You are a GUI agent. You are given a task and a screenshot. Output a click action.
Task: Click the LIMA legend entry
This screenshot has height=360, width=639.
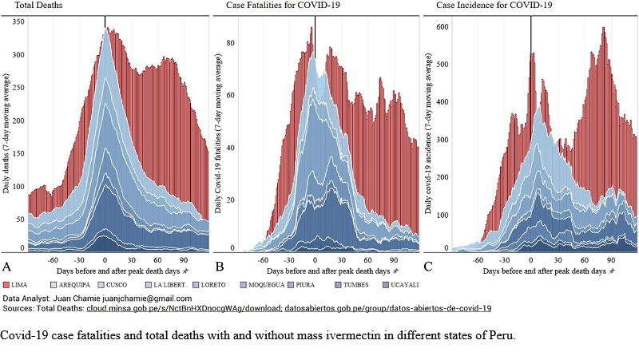point(25,284)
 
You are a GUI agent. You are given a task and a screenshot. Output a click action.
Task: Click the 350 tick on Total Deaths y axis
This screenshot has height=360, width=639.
point(17,19)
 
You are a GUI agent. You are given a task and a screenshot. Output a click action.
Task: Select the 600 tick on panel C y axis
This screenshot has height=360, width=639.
point(440,26)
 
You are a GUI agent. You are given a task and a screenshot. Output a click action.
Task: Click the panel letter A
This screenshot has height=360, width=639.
point(7,266)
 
